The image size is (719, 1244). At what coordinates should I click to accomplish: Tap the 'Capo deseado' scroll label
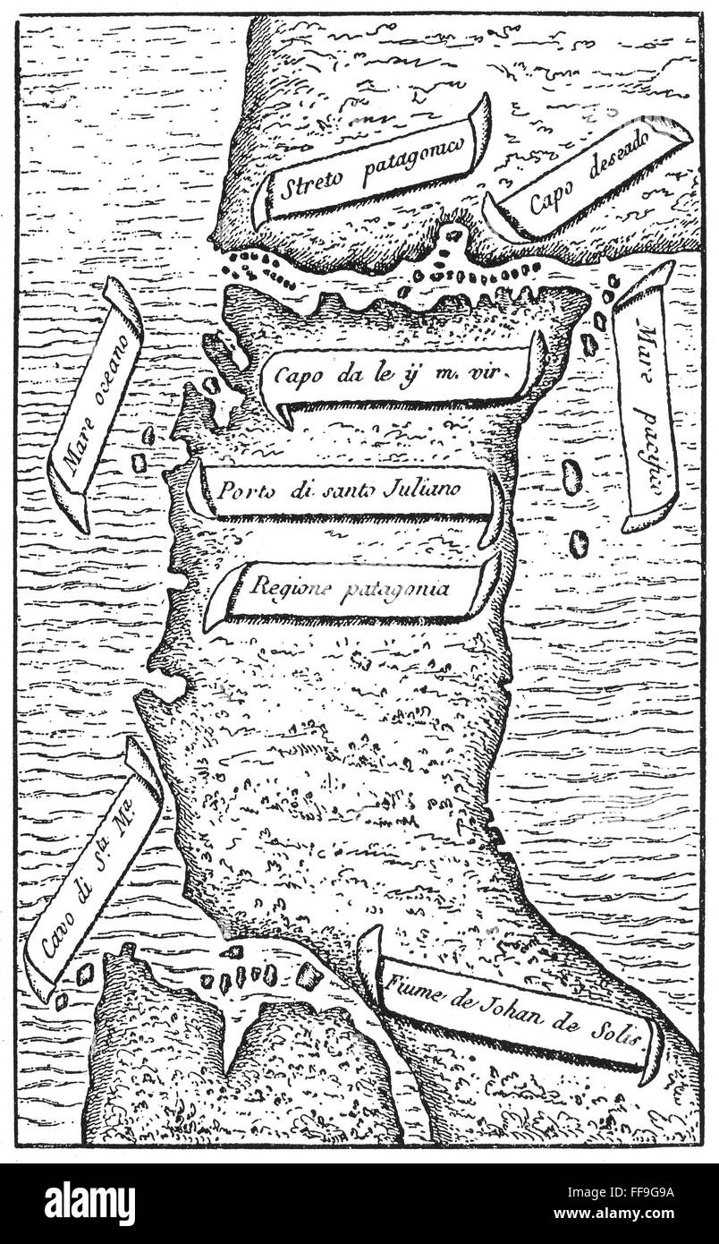click(x=590, y=177)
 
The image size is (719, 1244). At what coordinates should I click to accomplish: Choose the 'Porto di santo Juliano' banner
click(x=345, y=491)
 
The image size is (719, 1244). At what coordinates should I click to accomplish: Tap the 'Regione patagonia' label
click(x=350, y=588)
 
